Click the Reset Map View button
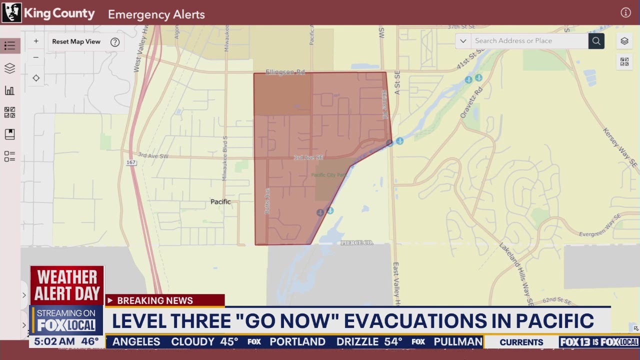click(x=76, y=42)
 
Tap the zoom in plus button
click(x=36, y=41)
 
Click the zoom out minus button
click(x=36, y=57)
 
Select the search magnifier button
click(x=596, y=41)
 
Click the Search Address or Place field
click(x=529, y=41)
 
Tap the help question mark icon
click(x=115, y=42)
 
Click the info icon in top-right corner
click(x=625, y=13)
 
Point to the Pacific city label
click(x=220, y=202)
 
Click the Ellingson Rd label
click(x=285, y=72)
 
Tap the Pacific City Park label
click(x=329, y=175)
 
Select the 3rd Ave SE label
click(x=308, y=157)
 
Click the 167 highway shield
click(x=131, y=162)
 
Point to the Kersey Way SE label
click(x=619, y=148)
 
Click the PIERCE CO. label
click(x=357, y=243)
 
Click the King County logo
click(x=11, y=13)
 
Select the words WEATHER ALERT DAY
click(x=67, y=285)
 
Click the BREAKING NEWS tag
click(x=154, y=300)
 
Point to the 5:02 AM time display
click(x=54, y=342)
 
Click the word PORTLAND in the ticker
click(x=297, y=342)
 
